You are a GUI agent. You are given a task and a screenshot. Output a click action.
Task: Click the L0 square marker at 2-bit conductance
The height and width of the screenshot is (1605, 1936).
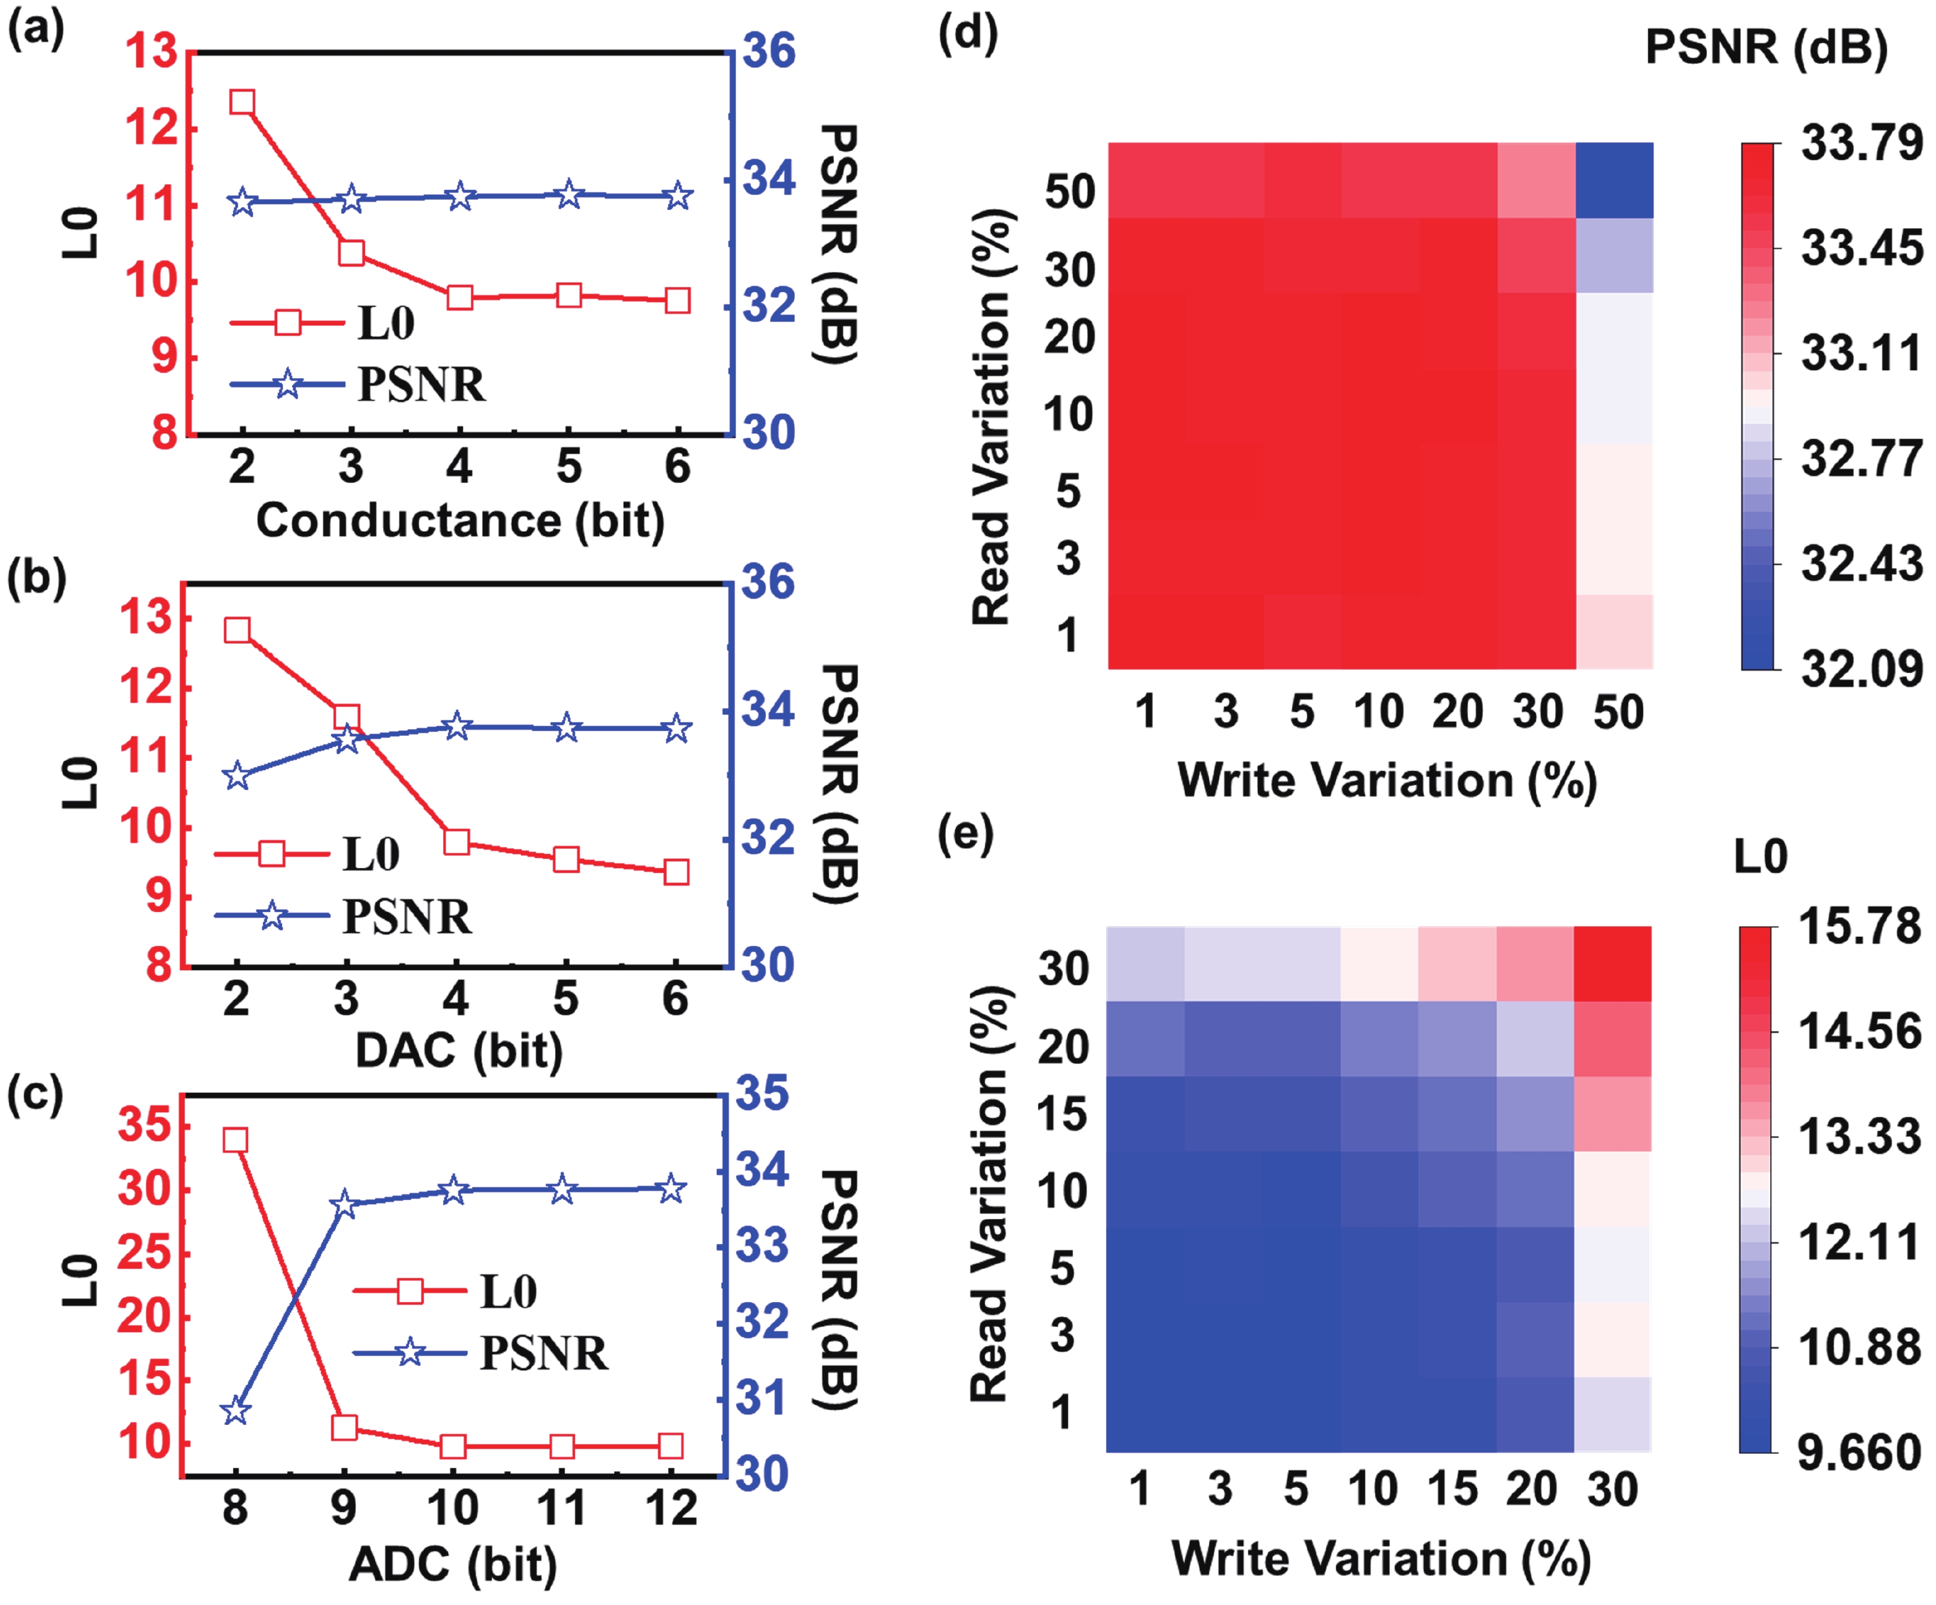click(242, 101)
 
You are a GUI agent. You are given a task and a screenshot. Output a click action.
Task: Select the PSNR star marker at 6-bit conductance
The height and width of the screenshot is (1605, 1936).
click(677, 195)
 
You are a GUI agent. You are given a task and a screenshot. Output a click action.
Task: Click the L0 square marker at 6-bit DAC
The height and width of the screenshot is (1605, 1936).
click(677, 871)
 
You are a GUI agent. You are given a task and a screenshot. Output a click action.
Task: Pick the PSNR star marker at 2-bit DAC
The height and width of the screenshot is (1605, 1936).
click(237, 775)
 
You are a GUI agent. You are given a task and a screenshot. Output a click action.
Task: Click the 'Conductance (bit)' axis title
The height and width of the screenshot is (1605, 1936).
click(459, 521)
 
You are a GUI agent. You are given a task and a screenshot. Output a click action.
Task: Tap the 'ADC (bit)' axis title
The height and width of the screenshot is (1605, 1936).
click(452, 1564)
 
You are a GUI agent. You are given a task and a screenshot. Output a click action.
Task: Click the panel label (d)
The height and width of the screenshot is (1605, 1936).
click(967, 34)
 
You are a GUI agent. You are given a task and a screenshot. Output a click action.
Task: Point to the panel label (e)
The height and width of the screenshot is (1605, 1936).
click(965, 834)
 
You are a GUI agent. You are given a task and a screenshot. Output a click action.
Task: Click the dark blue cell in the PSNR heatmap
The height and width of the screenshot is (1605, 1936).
click(1614, 181)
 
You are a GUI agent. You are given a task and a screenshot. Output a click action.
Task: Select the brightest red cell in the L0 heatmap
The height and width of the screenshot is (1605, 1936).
click(1613, 963)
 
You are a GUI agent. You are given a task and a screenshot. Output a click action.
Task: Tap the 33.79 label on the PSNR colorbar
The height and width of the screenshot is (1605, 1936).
click(1861, 143)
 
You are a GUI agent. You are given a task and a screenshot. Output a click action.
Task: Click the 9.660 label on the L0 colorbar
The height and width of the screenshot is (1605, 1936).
click(1859, 1453)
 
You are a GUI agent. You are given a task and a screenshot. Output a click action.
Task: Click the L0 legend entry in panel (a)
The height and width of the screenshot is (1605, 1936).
click(323, 323)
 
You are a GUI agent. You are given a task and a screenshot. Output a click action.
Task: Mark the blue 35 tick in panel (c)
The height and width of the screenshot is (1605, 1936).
click(762, 1094)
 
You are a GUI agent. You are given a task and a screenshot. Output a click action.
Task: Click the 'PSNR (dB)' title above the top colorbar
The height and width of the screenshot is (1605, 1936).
click(1765, 46)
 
